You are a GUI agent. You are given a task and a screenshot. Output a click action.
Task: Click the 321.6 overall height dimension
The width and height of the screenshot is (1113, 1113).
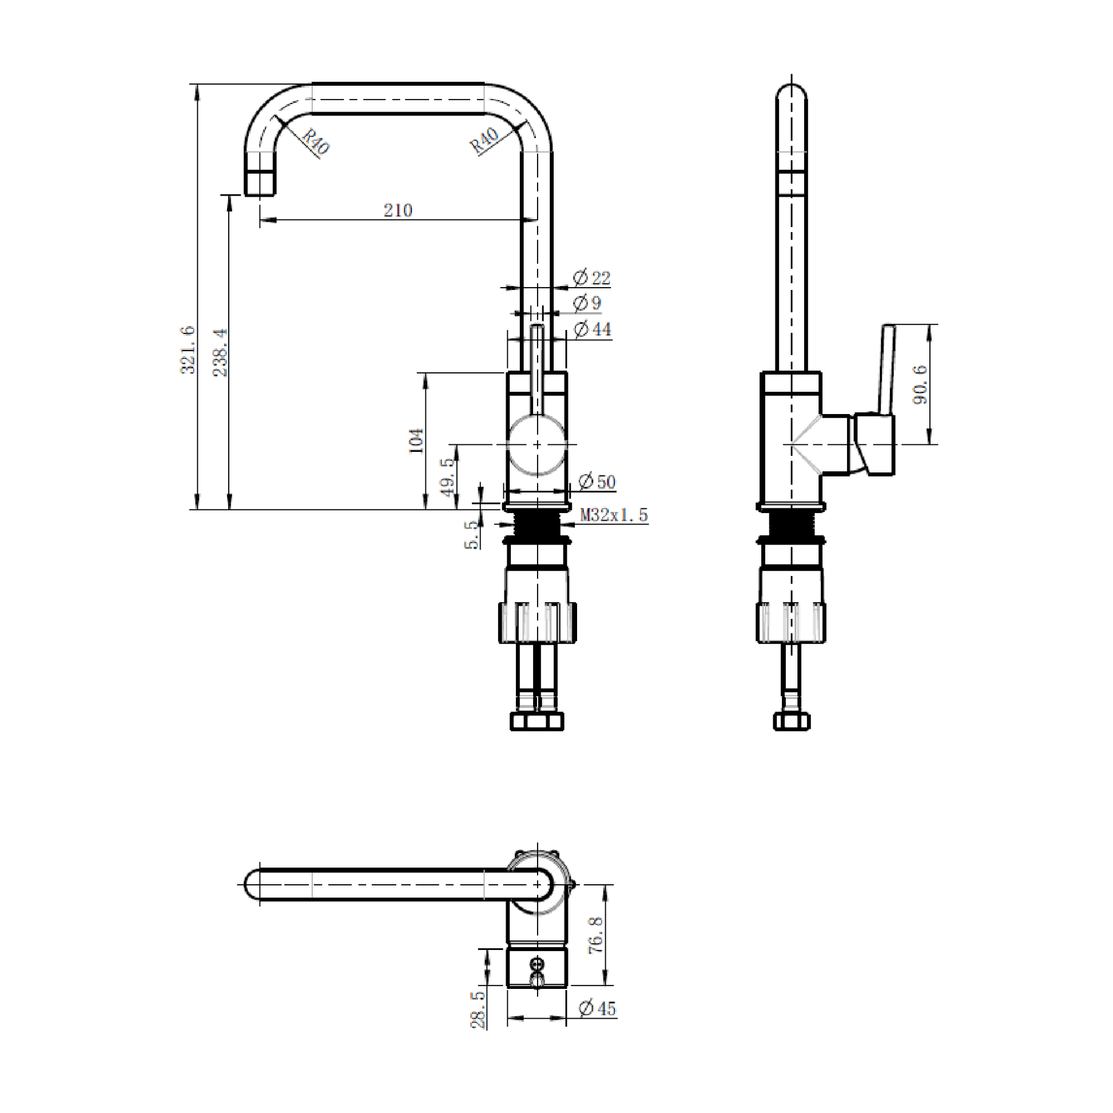point(188,349)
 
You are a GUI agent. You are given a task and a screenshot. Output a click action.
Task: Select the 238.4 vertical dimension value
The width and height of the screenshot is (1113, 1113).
point(221,352)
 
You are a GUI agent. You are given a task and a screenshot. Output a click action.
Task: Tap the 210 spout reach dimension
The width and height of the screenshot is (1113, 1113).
point(398,210)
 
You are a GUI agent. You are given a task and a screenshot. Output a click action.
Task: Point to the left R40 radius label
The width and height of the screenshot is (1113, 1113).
point(316,142)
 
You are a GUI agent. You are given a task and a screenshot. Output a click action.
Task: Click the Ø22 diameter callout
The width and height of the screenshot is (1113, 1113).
point(592,278)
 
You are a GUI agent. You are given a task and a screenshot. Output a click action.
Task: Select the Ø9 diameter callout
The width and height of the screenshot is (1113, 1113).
point(587,303)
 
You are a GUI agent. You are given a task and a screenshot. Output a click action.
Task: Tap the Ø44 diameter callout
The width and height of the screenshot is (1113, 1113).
point(593,329)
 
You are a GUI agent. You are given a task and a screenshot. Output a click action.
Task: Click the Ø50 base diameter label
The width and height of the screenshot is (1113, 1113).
point(597,482)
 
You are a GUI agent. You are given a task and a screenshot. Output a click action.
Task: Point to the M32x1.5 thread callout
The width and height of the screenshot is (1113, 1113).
point(614,514)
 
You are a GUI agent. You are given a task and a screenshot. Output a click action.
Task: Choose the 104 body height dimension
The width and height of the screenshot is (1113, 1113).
point(416,442)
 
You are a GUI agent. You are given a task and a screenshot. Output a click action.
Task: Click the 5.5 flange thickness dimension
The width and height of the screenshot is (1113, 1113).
point(472,534)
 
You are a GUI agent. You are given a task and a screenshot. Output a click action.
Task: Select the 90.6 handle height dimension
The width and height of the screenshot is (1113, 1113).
point(921,384)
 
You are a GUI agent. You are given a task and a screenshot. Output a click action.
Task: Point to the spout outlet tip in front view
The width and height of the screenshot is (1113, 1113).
point(260,183)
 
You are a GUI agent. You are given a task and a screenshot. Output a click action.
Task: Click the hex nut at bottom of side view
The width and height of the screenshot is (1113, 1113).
point(792,722)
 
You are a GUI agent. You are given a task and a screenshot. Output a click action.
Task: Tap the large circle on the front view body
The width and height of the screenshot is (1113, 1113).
point(537,445)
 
